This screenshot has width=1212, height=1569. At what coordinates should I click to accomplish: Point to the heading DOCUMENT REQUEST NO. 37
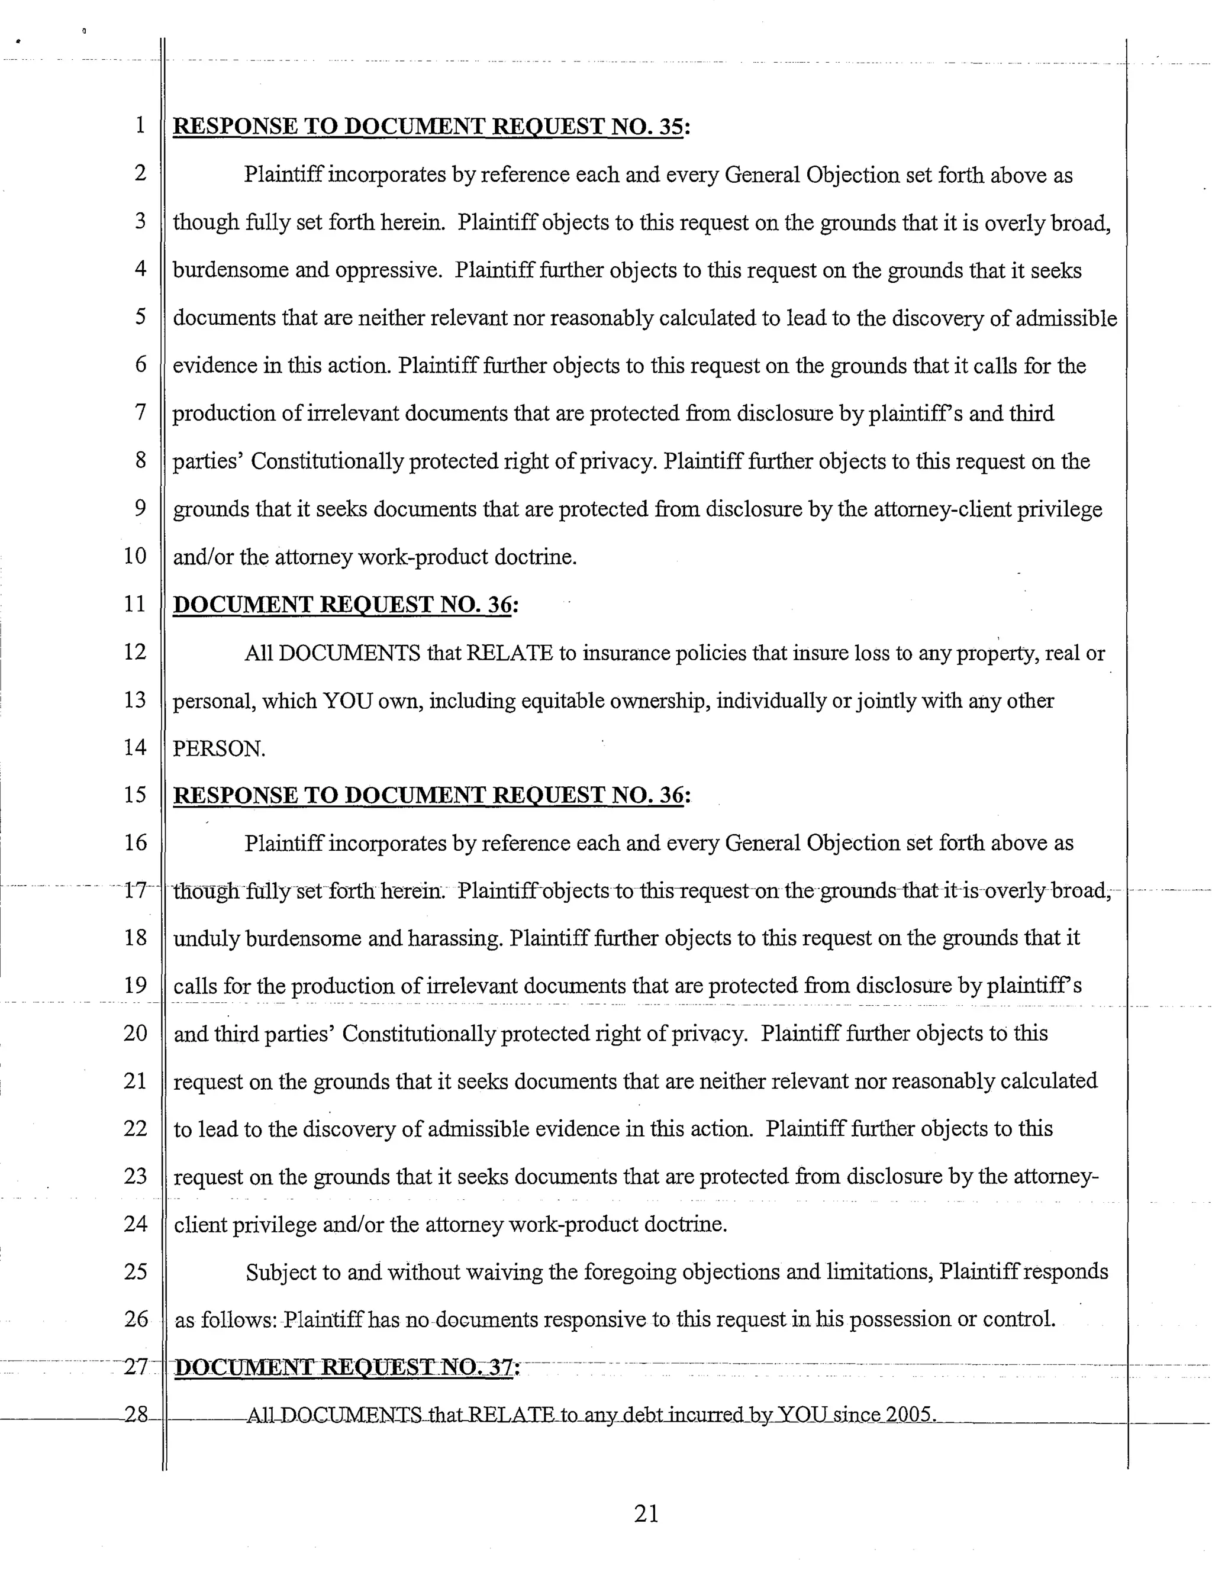[x=346, y=1367]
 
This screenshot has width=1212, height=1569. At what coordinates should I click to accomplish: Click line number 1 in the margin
[x=140, y=125]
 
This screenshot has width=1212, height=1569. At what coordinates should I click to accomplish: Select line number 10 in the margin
[x=135, y=556]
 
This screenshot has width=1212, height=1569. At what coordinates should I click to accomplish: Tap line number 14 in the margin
[x=135, y=747]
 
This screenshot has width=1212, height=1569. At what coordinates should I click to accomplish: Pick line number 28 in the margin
[x=136, y=1415]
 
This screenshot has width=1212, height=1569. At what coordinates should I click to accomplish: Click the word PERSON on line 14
[x=218, y=749]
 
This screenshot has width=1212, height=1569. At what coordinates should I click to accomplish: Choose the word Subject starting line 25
[x=282, y=1272]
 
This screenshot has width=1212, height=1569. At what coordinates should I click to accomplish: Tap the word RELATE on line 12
[x=510, y=653]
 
